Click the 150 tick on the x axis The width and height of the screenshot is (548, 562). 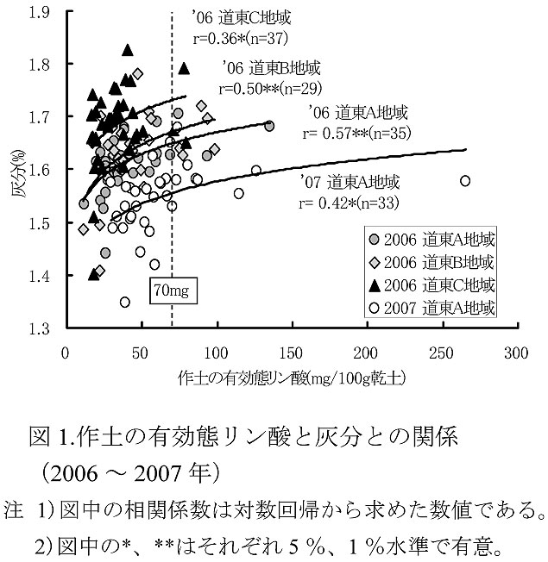292,353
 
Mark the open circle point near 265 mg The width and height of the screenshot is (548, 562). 465,181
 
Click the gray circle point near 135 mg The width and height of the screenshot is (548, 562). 269,126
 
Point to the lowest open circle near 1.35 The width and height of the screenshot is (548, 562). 125,302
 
